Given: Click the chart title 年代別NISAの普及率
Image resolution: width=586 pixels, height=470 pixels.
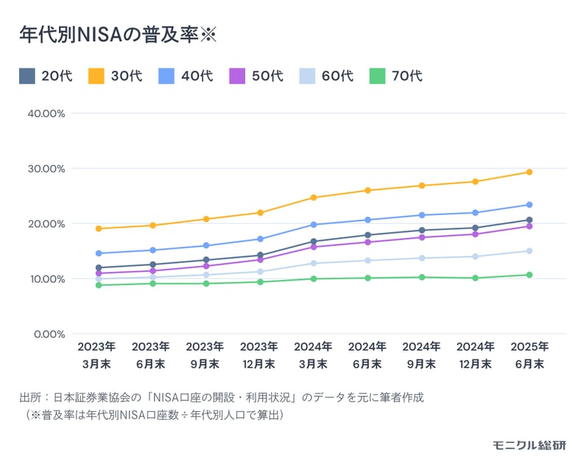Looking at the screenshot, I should pos(117,35).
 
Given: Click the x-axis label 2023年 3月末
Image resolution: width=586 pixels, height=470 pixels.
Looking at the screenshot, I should pos(97,354).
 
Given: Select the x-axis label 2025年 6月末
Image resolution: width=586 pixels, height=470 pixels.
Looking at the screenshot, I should pos(529,354).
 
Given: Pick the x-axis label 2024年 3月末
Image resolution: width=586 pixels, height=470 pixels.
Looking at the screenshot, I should pos(313,354).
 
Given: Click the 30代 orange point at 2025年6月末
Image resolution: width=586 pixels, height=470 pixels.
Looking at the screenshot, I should pos(529,172).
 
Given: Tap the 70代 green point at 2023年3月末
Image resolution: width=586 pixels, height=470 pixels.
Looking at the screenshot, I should pos(97,285).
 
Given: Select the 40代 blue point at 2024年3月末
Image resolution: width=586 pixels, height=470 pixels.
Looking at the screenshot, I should pos(313,225).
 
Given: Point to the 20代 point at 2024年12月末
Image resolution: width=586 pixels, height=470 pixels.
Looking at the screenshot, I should pos(475,228).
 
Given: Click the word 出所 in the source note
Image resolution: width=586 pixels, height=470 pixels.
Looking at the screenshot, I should pos(30,397).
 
